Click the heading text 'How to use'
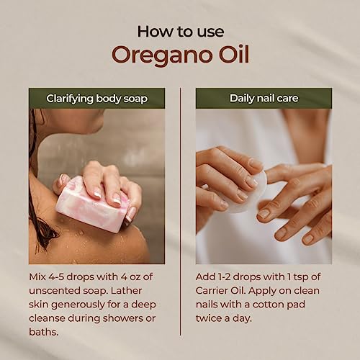[179, 31]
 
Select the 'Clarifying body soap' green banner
[96, 98]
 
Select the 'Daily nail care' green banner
[263, 98]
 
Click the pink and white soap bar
[90, 204]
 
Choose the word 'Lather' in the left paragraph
[140, 290]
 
